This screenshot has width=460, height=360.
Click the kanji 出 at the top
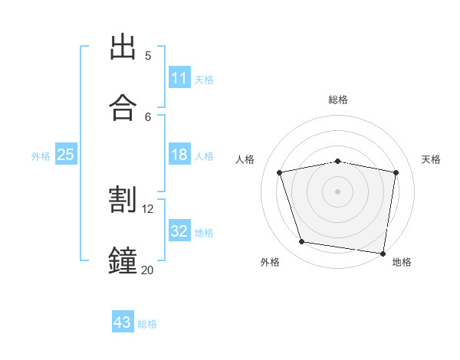(x=123, y=47)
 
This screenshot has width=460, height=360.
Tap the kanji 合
(x=123, y=107)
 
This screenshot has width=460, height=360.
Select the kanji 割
(x=123, y=199)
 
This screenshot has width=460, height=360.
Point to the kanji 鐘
(x=123, y=260)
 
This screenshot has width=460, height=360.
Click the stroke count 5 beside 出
(x=148, y=56)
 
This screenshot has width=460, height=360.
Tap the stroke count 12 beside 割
(x=147, y=209)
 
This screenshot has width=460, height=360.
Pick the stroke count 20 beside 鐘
(x=147, y=270)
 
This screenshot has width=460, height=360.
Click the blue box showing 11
(x=179, y=77)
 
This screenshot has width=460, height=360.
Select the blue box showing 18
(x=179, y=154)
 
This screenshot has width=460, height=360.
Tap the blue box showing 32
(x=179, y=230)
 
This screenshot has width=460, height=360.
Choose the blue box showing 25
(x=66, y=154)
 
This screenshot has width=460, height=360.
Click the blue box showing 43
(x=123, y=321)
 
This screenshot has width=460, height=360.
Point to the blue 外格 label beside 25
(x=41, y=156)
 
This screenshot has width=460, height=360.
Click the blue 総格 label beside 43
(x=147, y=324)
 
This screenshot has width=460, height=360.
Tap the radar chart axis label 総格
(x=338, y=100)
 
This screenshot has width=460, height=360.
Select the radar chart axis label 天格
(x=431, y=159)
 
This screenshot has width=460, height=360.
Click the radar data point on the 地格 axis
(x=383, y=254)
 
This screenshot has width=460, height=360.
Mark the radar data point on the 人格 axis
(x=280, y=172)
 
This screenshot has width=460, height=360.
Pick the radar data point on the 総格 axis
(x=337, y=162)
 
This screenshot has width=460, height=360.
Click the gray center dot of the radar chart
(x=337, y=191)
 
